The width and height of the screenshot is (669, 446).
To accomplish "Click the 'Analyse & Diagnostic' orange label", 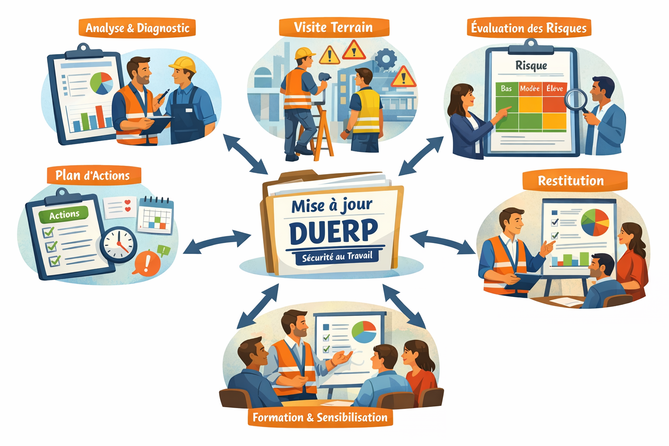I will pyautogui.click(x=137, y=28).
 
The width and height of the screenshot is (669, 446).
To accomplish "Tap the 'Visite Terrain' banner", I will pyautogui.click(x=333, y=27).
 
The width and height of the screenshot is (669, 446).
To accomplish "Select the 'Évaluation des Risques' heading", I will pyautogui.click(x=529, y=28).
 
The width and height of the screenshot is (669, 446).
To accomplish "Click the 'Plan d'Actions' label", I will pyautogui.click(x=93, y=176).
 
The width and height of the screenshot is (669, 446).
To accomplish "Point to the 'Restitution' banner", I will pyautogui.click(x=571, y=181).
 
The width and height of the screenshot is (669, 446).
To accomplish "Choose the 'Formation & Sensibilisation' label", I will pyautogui.click(x=320, y=417).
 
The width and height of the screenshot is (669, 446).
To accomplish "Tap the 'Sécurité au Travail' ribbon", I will pyautogui.click(x=337, y=257).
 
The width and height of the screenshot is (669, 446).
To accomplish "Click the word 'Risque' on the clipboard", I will pyautogui.click(x=531, y=65).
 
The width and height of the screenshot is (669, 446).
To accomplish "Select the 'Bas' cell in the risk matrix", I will pyautogui.click(x=506, y=88).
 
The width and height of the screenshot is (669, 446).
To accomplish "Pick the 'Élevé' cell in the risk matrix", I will pyautogui.click(x=554, y=88).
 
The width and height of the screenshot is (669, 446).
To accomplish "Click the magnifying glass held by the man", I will pyautogui.click(x=576, y=99).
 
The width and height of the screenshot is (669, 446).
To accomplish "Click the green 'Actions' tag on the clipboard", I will pyautogui.click(x=64, y=215).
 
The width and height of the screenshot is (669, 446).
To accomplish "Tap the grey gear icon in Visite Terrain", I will pyautogui.click(x=385, y=58).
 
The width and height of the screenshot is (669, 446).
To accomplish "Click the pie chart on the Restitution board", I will pyautogui.click(x=595, y=222).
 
